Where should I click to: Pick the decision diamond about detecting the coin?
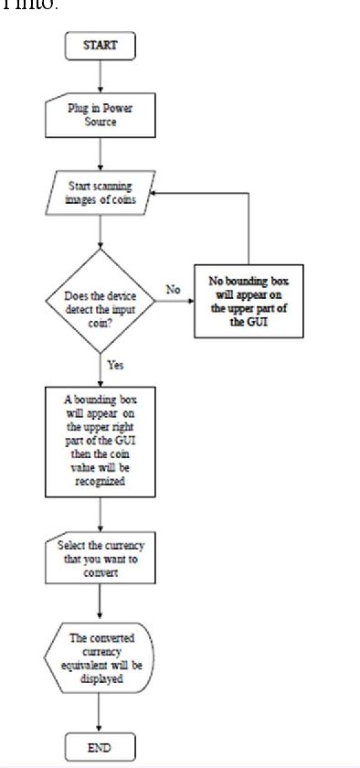pyautogui.click(x=99, y=301)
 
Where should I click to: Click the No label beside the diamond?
pyautogui.click(x=172, y=289)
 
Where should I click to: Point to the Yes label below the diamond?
pyautogui.click(x=114, y=365)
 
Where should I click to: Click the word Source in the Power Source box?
pyautogui.click(x=100, y=122)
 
